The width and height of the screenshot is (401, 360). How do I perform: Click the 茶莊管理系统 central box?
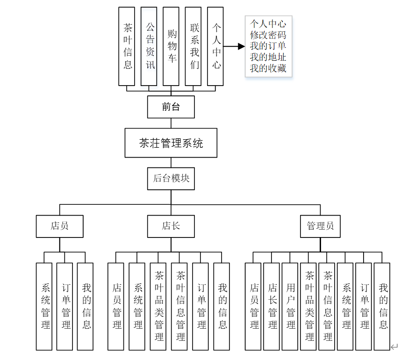171,143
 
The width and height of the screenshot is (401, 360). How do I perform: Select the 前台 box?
171,107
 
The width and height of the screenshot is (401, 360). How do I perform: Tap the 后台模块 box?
171,178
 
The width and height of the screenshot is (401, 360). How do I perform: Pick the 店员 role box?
60,226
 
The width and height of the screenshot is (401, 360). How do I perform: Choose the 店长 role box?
171,226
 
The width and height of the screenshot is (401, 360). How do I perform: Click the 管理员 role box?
320,226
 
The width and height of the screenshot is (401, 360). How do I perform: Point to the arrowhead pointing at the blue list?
241,46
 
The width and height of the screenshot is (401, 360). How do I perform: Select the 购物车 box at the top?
171,46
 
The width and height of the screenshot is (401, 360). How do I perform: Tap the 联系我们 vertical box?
193,46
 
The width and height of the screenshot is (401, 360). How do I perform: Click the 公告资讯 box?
149,46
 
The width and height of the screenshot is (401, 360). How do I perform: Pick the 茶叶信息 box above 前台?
127,46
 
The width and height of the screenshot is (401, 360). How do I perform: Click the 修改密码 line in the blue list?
268,35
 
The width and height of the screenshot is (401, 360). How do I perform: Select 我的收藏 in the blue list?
268,69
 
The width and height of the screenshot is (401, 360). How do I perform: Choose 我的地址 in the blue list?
268,58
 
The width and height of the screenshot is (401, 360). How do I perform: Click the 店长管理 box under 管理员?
272,306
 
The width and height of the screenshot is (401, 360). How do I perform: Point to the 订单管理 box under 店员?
65,306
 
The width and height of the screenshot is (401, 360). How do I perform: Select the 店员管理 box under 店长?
116,306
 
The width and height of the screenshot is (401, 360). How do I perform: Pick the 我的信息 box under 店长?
222,306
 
